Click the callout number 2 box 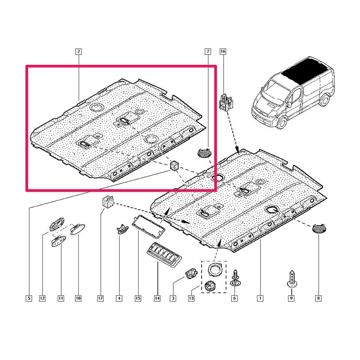click(79, 51)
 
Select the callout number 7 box click(208, 51)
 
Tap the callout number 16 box click(223, 51)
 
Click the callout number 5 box click(29, 298)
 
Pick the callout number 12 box click(42, 298)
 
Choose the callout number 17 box click(100, 298)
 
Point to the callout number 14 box click(157, 298)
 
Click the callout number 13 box click(191, 298)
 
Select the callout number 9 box click(291, 298)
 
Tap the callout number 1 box click(260, 298)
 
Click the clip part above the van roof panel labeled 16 click(226, 102)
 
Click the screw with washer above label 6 click(234, 278)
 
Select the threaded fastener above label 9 click(291, 279)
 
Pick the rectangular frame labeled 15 click(148, 226)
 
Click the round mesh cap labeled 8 click(319, 229)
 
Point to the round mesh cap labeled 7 click(205, 153)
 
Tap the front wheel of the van click(282, 122)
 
